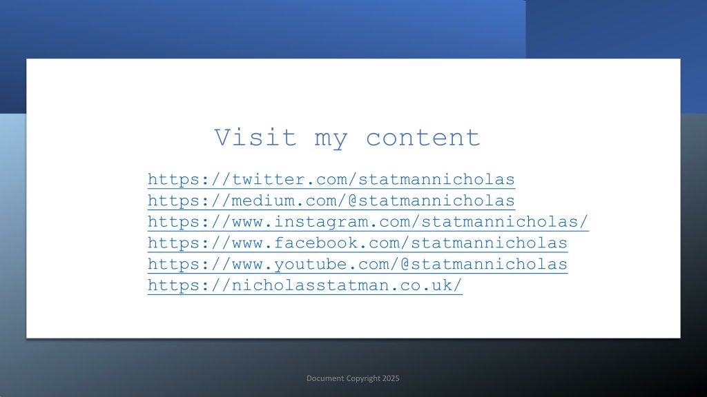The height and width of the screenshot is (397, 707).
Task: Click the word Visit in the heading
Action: (x=255, y=137)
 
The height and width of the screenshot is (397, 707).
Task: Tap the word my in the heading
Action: (x=331, y=139)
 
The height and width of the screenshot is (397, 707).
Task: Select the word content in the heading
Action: (x=423, y=138)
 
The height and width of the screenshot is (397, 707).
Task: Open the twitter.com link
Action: (x=331, y=180)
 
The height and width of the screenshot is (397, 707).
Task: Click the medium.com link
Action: (x=331, y=201)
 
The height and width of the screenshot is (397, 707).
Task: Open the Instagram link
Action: (x=368, y=222)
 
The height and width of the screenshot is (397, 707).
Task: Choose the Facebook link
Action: (x=358, y=243)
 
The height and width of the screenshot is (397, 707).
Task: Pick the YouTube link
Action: (x=358, y=264)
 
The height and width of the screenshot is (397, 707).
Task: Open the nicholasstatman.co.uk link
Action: (x=304, y=285)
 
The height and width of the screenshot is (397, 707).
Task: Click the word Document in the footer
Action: (x=325, y=378)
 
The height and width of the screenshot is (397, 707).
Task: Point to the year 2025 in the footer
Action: (x=391, y=378)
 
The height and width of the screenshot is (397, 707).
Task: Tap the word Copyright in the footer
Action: (x=363, y=379)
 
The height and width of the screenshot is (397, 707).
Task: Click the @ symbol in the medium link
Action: (x=352, y=201)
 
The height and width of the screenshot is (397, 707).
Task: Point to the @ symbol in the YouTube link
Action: (x=405, y=264)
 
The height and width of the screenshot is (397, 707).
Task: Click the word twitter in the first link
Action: (x=268, y=179)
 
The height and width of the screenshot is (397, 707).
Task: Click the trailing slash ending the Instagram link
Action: (x=584, y=221)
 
